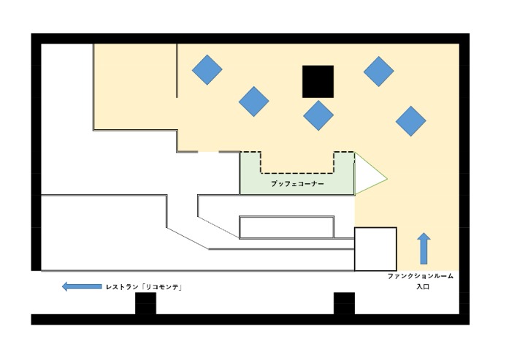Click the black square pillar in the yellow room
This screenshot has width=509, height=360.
tap(318, 82)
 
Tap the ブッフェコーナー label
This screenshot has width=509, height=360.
tap(297, 184)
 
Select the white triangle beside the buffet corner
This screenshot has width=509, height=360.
tap(370, 173)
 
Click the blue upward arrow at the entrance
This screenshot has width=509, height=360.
tap(424, 248)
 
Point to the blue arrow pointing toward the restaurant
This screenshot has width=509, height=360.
tap(82, 286)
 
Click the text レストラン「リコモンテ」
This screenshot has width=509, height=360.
tap(144, 287)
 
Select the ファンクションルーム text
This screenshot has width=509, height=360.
tap(421, 276)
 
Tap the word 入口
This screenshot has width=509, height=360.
tap(423, 287)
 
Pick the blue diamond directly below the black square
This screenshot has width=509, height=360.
tap(318, 115)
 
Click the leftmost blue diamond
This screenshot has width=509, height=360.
tap(207, 70)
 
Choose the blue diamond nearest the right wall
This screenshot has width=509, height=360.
tap(411, 121)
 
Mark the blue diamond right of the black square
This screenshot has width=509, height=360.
tap(379, 72)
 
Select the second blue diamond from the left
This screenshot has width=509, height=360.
tap(254, 102)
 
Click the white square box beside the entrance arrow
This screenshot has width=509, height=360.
tap(375, 249)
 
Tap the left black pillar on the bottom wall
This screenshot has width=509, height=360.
tap(145, 303)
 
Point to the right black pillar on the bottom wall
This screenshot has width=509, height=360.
tap(344, 303)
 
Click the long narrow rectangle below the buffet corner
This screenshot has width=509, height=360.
tap(287, 227)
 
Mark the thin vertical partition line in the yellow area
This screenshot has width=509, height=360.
tap(177, 70)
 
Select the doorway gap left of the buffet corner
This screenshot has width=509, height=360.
tap(208, 152)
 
